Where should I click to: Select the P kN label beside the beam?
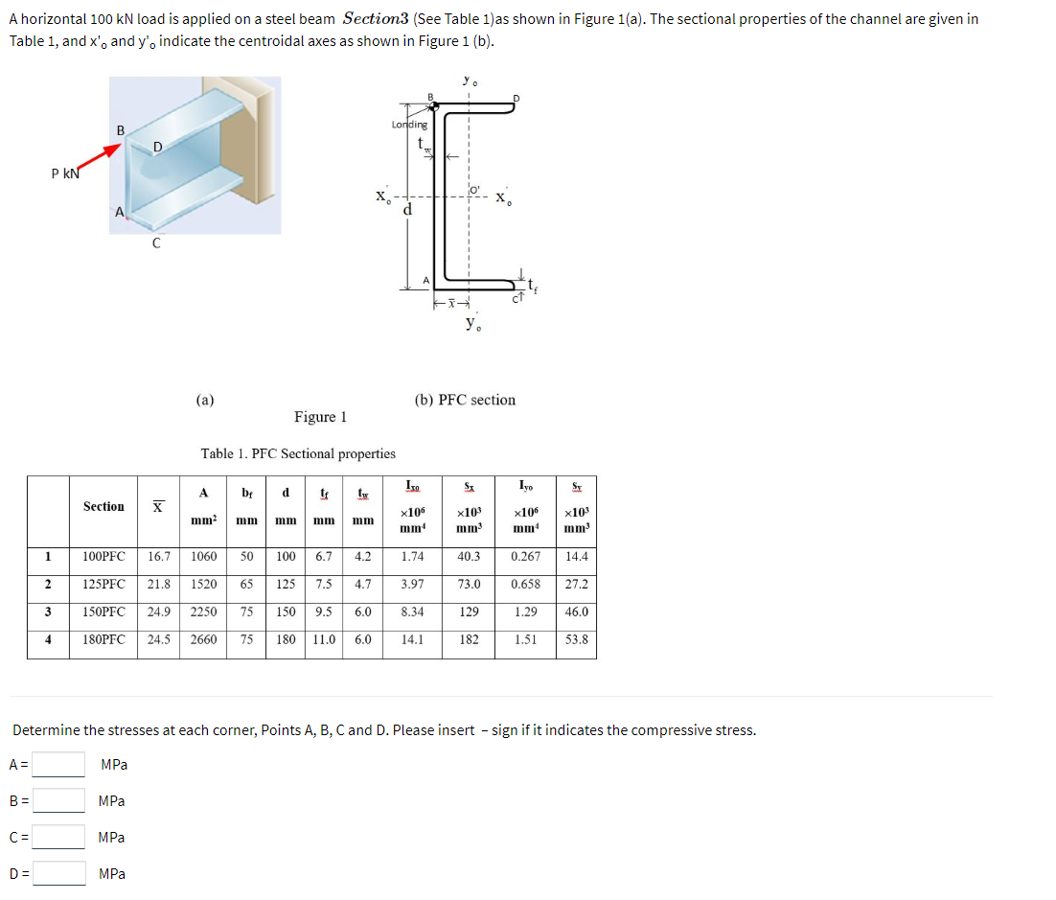66,173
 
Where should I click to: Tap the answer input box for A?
59,764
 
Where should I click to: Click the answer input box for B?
59,800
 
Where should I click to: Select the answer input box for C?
59,837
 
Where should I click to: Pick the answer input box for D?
59,873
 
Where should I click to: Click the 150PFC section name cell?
103,612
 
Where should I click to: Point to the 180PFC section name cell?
103,639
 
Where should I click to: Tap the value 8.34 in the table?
413,612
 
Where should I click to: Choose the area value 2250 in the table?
203,612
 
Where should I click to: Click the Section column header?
103,506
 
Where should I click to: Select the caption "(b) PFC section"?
465,400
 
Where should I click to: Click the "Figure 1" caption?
320,417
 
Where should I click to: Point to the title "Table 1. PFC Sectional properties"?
298,453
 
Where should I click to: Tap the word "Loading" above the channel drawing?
409,125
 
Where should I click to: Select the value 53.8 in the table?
576,639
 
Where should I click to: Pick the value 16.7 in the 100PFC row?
159,556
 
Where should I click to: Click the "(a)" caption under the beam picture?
204,400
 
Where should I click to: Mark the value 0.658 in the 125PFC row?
525,584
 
